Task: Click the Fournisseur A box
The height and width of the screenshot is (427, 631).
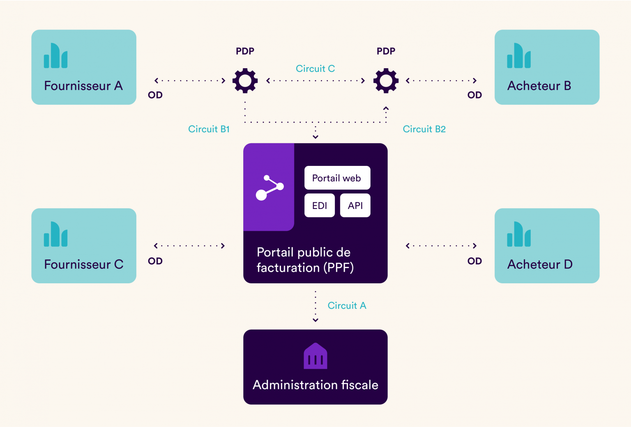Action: (x=84, y=67)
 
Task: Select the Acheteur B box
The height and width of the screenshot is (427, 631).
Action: (x=547, y=67)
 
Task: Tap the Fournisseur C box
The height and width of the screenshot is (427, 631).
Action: (x=84, y=246)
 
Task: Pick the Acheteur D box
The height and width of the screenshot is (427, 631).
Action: (x=547, y=246)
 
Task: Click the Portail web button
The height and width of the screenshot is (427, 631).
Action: (x=337, y=178)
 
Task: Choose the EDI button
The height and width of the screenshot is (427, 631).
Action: (x=319, y=205)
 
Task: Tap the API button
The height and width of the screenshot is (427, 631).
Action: (x=355, y=205)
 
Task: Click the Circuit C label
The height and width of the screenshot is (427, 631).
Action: (x=315, y=69)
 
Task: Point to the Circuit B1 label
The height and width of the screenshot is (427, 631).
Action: (x=209, y=129)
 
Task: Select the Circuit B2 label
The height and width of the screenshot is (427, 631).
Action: (x=424, y=129)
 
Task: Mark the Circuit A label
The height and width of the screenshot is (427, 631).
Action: (x=347, y=305)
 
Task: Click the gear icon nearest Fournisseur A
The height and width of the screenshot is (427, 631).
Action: (x=245, y=80)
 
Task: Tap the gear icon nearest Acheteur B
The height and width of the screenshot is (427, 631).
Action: (x=386, y=80)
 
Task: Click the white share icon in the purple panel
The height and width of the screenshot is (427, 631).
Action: (x=269, y=188)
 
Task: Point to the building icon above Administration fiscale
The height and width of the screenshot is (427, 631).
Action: (x=315, y=356)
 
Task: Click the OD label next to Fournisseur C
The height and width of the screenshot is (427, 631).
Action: (x=155, y=261)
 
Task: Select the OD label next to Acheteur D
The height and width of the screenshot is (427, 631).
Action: (x=474, y=261)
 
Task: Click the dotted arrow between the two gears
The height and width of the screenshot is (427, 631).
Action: (x=315, y=80)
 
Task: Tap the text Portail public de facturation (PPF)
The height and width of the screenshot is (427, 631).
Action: (x=304, y=259)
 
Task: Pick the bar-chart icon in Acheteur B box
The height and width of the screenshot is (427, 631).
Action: (x=519, y=56)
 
